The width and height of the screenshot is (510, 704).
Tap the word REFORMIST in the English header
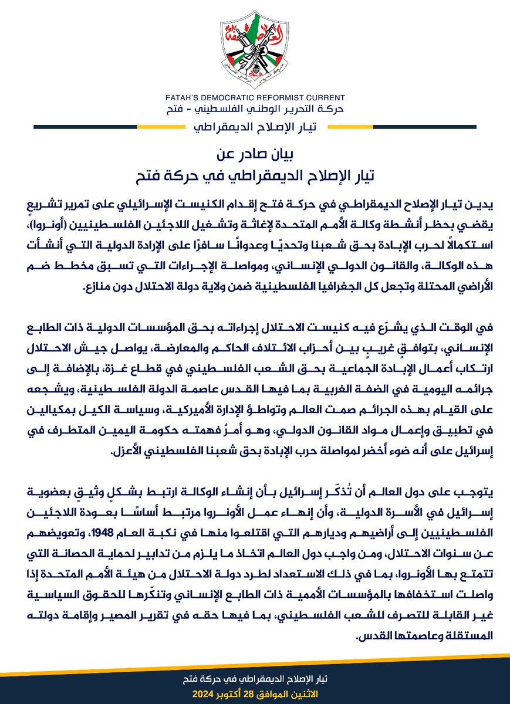[284, 98]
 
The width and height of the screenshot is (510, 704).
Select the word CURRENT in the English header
[326, 98]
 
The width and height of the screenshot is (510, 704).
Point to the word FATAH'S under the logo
[185, 98]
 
